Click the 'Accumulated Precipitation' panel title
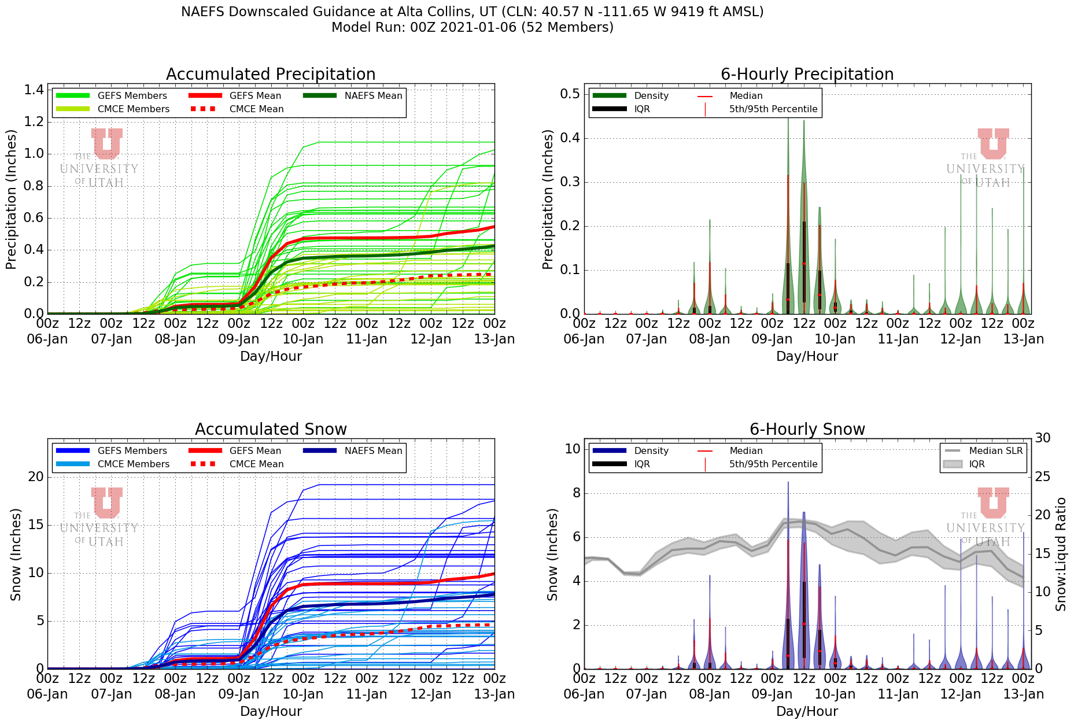click(x=271, y=75)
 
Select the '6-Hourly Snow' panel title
click(x=807, y=430)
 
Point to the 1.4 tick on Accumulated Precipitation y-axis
click(x=34, y=90)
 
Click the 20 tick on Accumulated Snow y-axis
click(x=36, y=476)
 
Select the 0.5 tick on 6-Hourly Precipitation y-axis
click(x=570, y=94)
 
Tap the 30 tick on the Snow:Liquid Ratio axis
click(x=1042, y=438)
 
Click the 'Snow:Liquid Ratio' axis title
click(x=1061, y=554)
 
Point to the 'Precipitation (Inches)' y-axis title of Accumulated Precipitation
click(x=11, y=200)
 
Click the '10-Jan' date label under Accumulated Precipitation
click(x=303, y=339)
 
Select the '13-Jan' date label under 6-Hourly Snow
click(x=1023, y=695)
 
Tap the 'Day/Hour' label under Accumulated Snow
click(x=271, y=712)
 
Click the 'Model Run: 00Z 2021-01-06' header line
click(x=472, y=27)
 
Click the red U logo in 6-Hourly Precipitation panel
click(x=993, y=143)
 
